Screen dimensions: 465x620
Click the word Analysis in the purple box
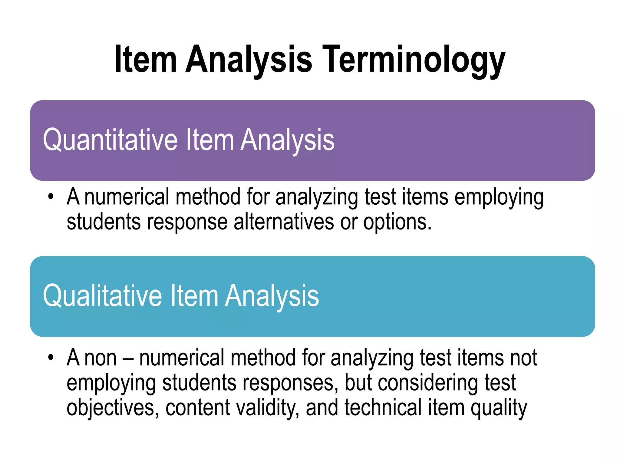[x=287, y=140]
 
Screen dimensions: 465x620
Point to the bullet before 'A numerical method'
[x=51, y=197]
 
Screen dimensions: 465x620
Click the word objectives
[x=111, y=408]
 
